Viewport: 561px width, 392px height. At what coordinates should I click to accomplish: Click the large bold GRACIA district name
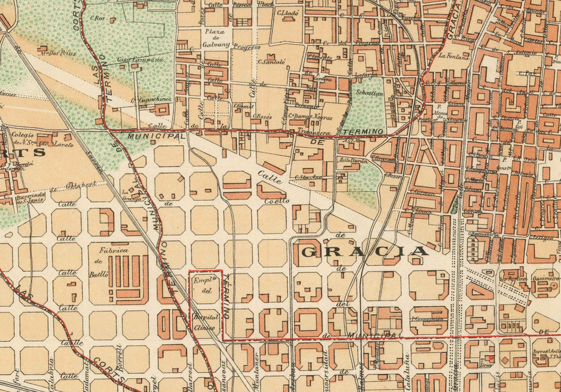coord(365,251)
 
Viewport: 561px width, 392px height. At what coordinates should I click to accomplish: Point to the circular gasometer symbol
coord(554,285)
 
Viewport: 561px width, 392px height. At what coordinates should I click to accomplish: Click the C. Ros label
coord(97,17)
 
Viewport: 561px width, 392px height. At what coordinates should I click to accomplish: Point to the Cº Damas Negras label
coord(309,117)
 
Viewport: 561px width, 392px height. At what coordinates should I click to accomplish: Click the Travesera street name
coord(318,132)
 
